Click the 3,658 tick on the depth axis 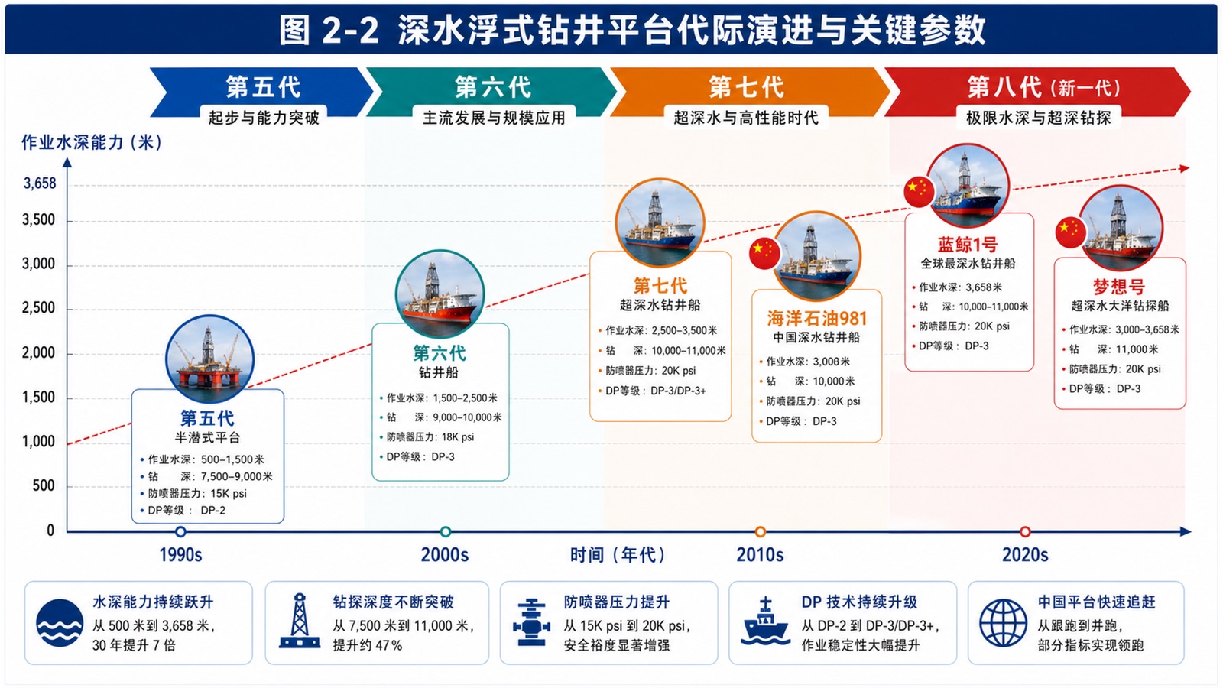40,183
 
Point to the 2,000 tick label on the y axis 38,353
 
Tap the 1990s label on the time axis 180,555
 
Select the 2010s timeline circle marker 760,531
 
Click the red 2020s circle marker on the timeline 1025,531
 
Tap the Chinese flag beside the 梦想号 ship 1071,232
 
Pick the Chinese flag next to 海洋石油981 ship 764,253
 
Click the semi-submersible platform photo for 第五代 209,359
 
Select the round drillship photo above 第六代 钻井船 440,294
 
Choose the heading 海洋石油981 817,318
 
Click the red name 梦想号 1119,287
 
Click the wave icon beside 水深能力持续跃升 60,623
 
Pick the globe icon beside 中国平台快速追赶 1003,623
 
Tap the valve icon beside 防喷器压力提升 530,622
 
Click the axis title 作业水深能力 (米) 92,142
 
